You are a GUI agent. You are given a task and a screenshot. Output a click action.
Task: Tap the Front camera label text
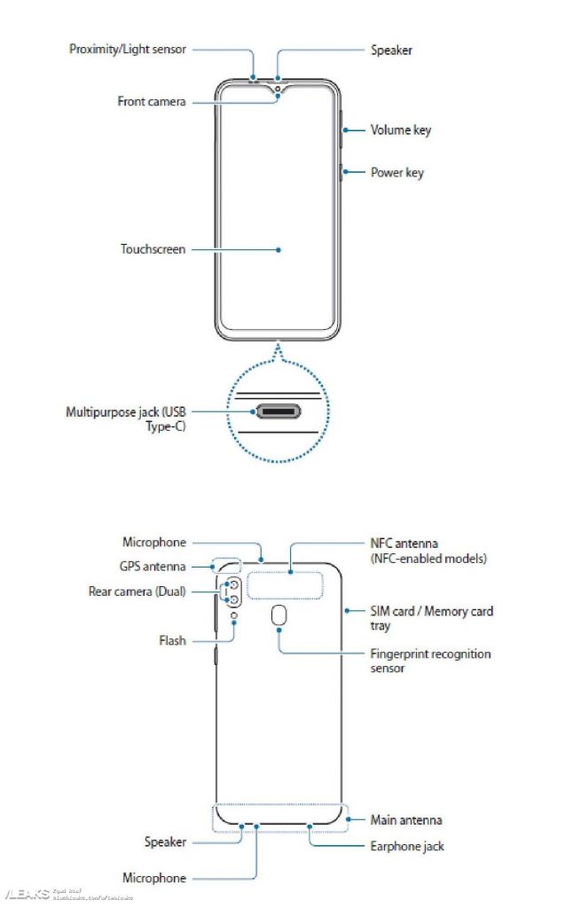[x=152, y=102]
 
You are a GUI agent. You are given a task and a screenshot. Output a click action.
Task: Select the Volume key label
[x=400, y=130]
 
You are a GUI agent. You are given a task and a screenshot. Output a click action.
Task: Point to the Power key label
[x=396, y=173]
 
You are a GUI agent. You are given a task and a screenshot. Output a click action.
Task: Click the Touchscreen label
[x=153, y=249]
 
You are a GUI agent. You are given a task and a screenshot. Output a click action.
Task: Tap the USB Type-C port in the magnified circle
[x=279, y=412]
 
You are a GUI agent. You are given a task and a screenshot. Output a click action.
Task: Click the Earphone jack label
[x=407, y=846]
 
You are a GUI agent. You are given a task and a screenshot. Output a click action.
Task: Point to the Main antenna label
[x=405, y=820]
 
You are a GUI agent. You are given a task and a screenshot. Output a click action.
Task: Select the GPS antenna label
[x=153, y=566]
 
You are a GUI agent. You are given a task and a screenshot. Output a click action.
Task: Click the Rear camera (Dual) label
[x=137, y=591]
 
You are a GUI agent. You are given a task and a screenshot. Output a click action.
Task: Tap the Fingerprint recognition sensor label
[x=430, y=661]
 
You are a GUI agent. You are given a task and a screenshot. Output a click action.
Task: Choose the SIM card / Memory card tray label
[x=431, y=618]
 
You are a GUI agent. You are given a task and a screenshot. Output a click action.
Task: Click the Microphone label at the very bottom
[x=154, y=878]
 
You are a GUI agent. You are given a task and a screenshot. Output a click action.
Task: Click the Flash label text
[x=172, y=640]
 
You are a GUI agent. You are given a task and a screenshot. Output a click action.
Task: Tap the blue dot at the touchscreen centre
[x=279, y=249]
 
